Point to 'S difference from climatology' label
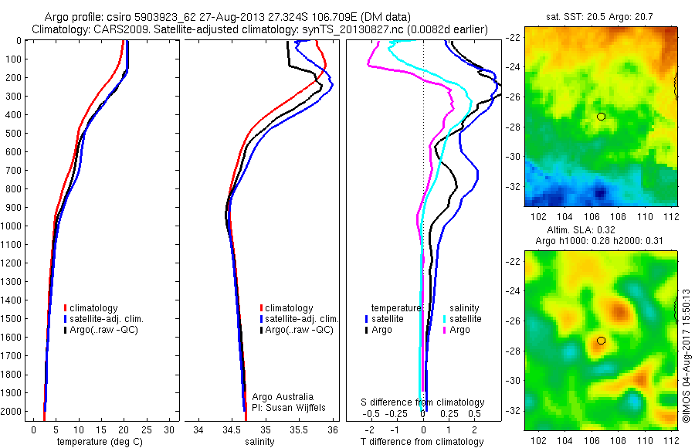click(x=423, y=402)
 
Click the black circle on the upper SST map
click(x=601, y=117)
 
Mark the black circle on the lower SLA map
click(x=600, y=341)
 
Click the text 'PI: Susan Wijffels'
click(x=290, y=407)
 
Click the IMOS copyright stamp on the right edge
click(x=687, y=355)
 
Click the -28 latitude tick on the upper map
click(x=513, y=127)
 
